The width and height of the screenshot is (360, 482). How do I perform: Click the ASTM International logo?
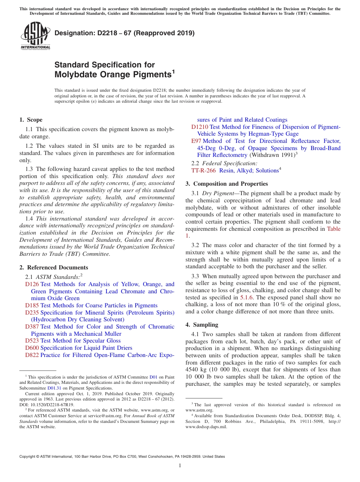tap(35, 36)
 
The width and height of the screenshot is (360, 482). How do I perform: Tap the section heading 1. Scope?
tap(31, 120)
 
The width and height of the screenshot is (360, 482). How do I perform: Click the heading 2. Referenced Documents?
tap(53, 268)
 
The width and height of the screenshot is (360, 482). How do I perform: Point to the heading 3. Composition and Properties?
tap(227, 184)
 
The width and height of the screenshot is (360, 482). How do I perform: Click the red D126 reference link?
tap(32, 284)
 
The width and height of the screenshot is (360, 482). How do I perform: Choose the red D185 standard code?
tap(32, 305)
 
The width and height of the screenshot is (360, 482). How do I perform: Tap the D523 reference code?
tap(32, 341)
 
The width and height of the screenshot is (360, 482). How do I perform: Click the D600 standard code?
tap(32, 348)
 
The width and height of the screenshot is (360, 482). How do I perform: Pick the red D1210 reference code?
tap(200, 127)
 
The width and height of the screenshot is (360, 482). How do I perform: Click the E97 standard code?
tap(196, 141)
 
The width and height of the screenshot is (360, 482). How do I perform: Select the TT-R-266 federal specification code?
tap(203, 171)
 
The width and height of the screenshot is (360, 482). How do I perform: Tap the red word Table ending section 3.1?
tap(333, 229)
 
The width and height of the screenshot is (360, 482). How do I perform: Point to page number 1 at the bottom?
tap(180, 465)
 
